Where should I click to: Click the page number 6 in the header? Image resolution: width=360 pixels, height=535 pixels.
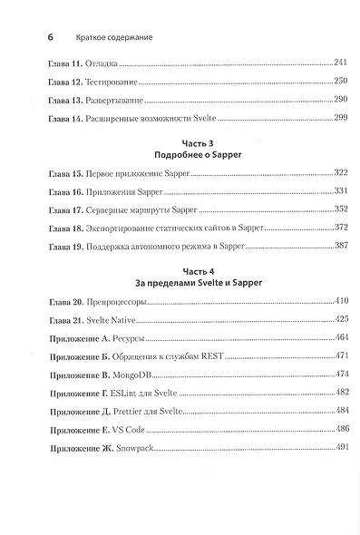coord(37,40)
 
